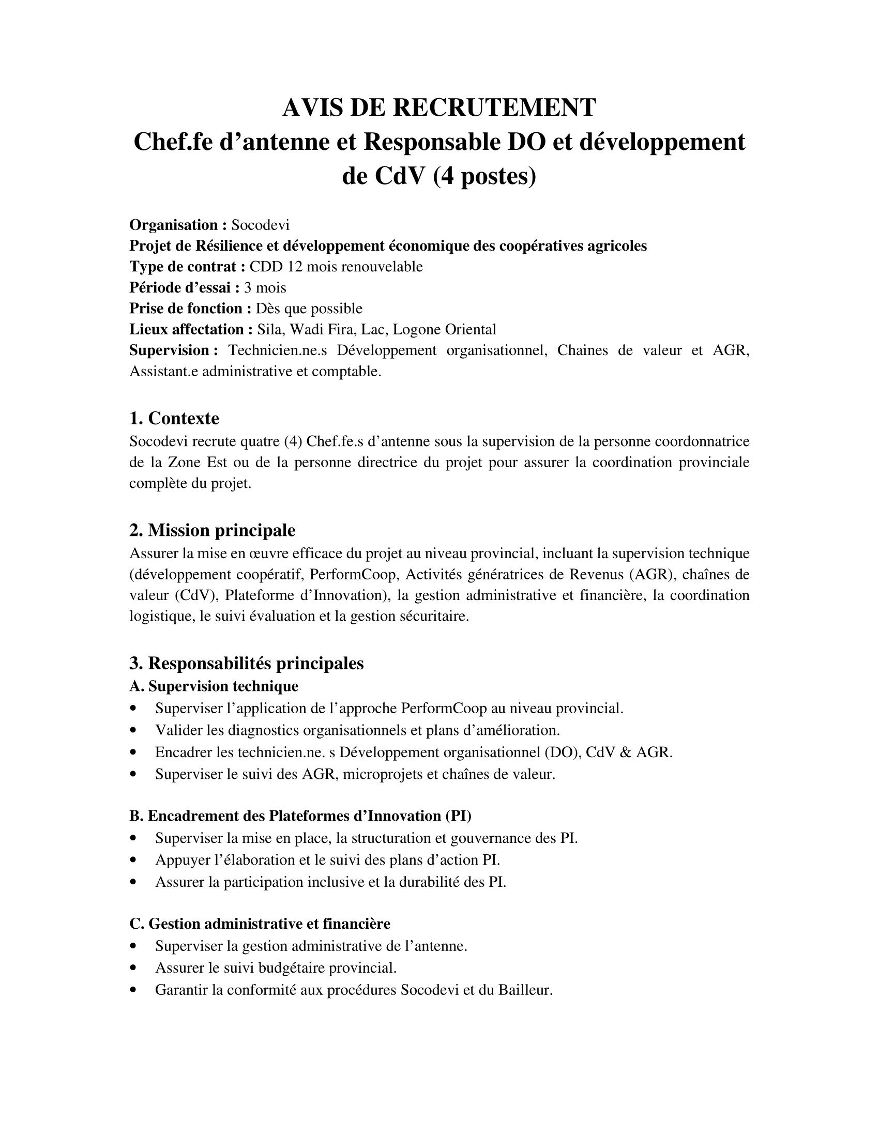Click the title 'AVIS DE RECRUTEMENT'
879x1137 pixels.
(x=439, y=108)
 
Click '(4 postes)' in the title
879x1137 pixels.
(x=484, y=176)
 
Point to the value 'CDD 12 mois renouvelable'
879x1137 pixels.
(x=336, y=267)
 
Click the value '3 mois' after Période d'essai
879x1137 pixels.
(x=265, y=287)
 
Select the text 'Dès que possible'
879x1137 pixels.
(x=309, y=308)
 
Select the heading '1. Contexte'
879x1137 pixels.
(x=174, y=418)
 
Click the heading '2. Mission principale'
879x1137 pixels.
(x=212, y=530)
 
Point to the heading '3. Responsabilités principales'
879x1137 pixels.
(x=246, y=663)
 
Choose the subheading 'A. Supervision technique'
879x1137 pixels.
(x=214, y=686)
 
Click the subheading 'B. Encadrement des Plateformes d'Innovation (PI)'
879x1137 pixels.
(x=300, y=816)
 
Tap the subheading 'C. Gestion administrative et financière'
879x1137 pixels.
(x=260, y=924)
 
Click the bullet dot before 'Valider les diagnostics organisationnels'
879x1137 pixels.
(x=134, y=731)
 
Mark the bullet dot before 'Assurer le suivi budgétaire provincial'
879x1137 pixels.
(x=134, y=969)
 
